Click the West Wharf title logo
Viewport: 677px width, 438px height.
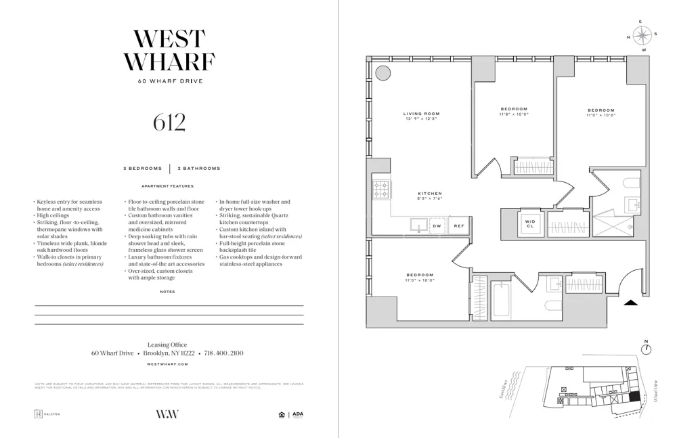pos(169,51)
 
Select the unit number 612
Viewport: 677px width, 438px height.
pos(169,122)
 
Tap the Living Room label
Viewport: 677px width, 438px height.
pos(421,116)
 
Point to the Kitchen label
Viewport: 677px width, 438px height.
pos(429,196)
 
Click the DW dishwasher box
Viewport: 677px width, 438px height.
pos(437,225)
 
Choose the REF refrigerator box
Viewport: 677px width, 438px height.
pos(458,225)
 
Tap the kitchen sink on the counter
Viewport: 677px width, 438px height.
pos(417,225)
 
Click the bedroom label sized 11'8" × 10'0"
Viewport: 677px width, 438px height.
pos(514,111)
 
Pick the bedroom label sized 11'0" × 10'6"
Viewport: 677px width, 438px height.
pos(600,112)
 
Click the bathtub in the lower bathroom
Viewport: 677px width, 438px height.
pos(502,300)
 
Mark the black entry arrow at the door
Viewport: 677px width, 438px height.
pos(630,303)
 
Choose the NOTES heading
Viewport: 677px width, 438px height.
pos(167,292)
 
